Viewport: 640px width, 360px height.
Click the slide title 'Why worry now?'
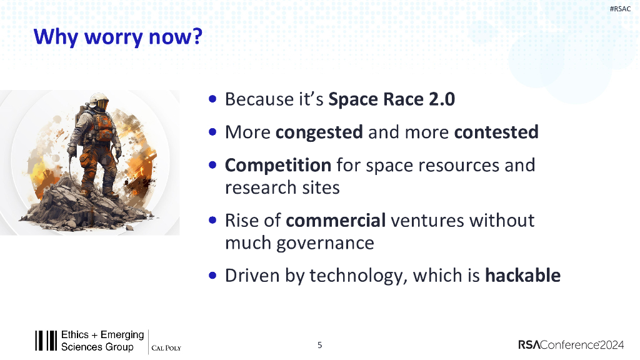pos(117,37)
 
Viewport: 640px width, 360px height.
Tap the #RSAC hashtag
pos(620,9)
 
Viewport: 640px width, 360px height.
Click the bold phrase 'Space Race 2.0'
pos(391,99)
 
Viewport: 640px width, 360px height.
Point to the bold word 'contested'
pos(496,132)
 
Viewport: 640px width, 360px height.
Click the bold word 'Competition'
pos(278,166)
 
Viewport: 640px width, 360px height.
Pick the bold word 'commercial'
pos(336,221)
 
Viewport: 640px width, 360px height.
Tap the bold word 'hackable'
pos(523,276)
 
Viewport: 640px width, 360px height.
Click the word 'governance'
pos(325,244)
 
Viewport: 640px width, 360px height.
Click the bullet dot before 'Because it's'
pos(212,99)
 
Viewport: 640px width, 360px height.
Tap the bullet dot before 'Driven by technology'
pos(212,275)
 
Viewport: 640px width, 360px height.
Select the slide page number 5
pos(319,345)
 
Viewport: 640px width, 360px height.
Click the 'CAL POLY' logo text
pos(166,348)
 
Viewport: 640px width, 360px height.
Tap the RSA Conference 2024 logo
pos(571,345)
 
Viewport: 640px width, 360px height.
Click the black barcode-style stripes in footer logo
pos(46,341)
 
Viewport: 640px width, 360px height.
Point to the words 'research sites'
pos(282,187)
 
